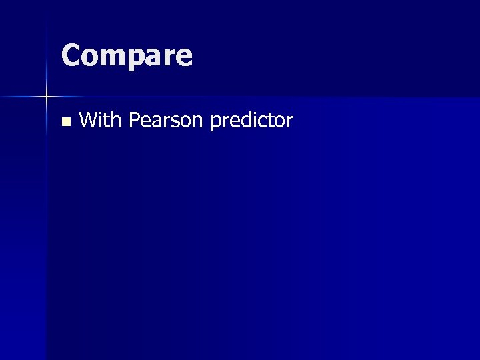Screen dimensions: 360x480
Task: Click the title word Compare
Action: pos(127,56)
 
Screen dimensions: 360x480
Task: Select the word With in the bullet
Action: pos(100,120)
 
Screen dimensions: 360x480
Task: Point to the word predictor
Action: pos(251,121)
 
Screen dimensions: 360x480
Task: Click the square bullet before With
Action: pos(65,121)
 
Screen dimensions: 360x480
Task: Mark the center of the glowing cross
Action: pos(47,97)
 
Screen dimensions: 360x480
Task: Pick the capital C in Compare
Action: pos(71,55)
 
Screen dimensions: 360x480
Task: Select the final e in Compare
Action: pos(183,58)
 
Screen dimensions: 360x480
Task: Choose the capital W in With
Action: pos(88,120)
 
